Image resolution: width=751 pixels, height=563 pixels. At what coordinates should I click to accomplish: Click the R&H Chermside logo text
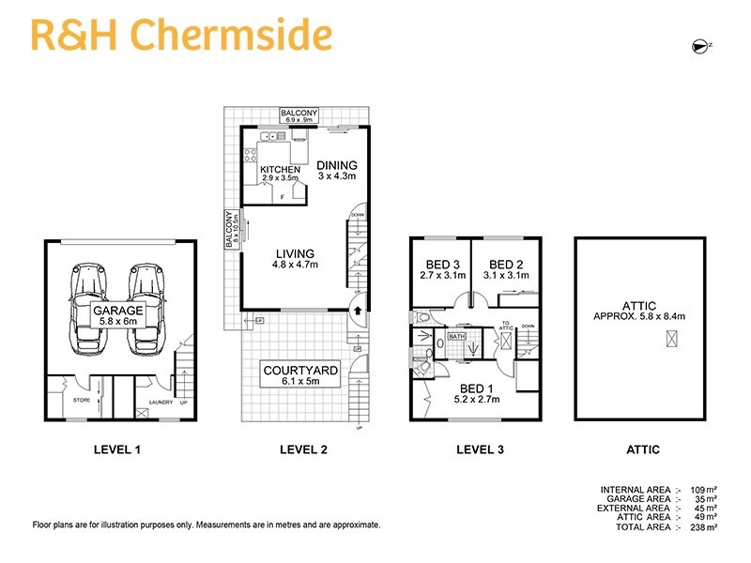[x=181, y=35]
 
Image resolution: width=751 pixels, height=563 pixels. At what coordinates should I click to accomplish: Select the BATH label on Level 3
[x=457, y=335]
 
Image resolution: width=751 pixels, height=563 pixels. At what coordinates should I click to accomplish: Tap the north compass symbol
[x=699, y=45]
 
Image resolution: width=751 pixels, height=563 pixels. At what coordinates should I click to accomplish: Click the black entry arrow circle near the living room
[x=358, y=306]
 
